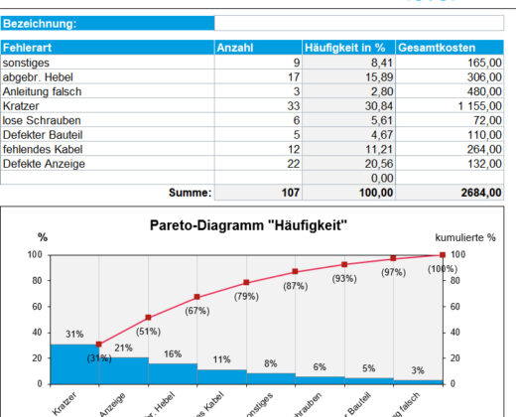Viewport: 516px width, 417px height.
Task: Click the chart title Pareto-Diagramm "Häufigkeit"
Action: (x=248, y=225)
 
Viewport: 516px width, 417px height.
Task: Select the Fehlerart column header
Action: (x=27, y=47)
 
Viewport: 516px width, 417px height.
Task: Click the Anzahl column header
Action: (x=234, y=47)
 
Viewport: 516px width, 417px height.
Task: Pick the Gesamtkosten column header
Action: (x=437, y=47)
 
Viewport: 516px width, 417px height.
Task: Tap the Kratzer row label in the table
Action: (x=21, y=104)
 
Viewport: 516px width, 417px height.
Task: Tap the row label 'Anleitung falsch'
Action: (x=42, y=90)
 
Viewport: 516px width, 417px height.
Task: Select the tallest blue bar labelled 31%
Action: (x=74, y=363)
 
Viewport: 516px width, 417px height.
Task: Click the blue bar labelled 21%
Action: (x=123, y=370)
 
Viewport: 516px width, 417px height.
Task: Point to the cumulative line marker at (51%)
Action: (x=148, y=318)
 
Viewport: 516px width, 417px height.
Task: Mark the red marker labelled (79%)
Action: (x=246, y=282)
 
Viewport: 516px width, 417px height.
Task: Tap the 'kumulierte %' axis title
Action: (x=464, y=238)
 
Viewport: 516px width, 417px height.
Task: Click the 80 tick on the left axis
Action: (x=34, y=280)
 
